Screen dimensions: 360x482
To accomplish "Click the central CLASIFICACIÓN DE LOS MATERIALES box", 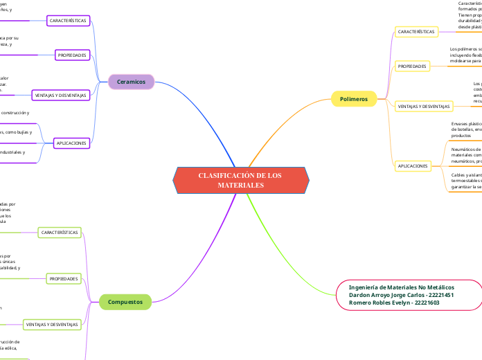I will (240, 180).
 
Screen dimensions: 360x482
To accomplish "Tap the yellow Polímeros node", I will (354, 99).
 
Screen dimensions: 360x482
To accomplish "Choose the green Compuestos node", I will (125, 302).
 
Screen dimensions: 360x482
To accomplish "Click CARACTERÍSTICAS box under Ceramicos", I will (68, 21).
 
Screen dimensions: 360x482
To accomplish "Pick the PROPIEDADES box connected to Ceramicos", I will (72, 55).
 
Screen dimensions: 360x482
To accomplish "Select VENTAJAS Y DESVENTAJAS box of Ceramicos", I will (61, 95).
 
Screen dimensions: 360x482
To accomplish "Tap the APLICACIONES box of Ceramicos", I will (72, 143).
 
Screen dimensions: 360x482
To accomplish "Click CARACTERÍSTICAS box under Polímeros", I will (416, 32).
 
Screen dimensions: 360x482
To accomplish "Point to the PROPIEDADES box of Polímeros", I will (412, 66).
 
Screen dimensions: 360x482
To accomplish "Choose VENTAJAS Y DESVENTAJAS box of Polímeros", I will (423, 107).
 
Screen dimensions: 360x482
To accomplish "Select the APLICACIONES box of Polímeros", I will (413, 166).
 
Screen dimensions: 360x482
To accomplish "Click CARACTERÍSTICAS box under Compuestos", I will (60, 233).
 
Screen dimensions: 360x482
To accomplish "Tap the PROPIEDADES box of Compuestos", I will (64, 279).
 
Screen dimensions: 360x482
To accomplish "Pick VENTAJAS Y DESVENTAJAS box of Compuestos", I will (53, 325).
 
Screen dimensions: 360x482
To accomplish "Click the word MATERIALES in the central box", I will (240, 186).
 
